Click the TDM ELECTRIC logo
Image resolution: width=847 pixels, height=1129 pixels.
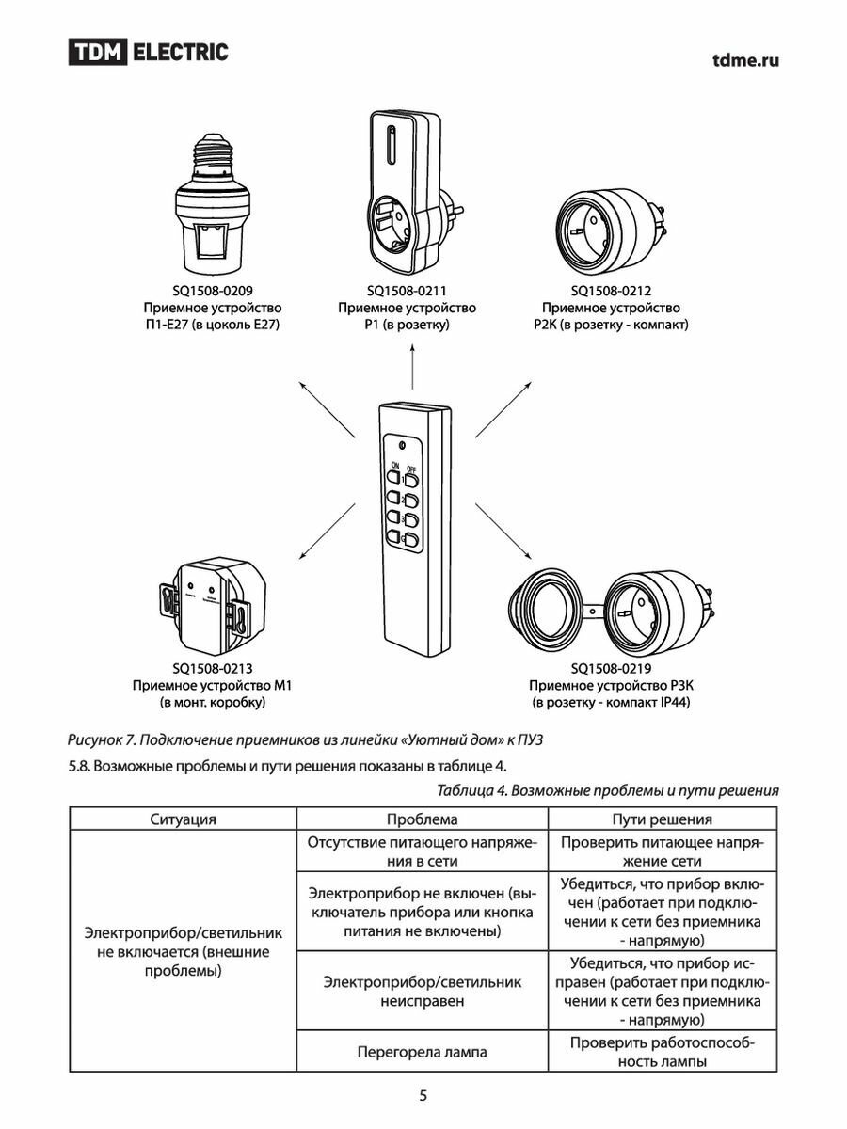(148, 53)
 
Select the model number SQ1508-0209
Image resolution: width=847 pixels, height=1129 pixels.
(213, 291)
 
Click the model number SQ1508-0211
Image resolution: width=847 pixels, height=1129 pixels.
(407, 291)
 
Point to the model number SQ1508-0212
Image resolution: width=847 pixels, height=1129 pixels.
(611, 291)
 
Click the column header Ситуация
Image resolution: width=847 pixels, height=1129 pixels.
(183, 819)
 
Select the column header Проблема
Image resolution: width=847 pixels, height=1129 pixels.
(423, 819)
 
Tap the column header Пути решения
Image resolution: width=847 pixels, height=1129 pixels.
(663, 819)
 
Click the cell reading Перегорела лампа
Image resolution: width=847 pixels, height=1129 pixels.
(423, 1052)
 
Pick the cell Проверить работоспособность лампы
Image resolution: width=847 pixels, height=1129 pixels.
(663, 1052)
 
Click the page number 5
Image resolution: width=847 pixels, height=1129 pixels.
(423, 1095)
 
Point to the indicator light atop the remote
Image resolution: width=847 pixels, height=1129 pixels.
(402, 445)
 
